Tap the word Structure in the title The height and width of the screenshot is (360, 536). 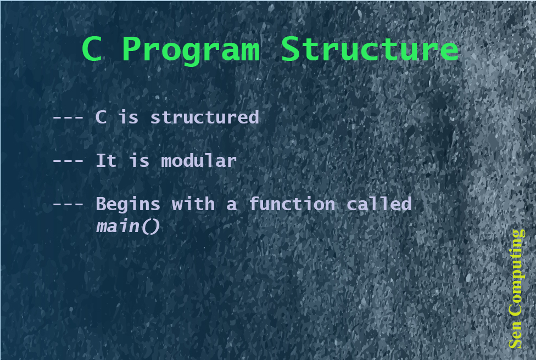tap(370, 49)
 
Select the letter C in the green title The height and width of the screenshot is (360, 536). tap(92, 49)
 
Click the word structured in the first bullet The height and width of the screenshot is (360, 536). tap(204, 117)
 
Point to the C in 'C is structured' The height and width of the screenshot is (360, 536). tap(101, 117)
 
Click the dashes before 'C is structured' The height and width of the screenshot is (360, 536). tap(68, 117)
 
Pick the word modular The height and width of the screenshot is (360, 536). tap(199, 161)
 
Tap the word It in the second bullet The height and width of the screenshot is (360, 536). tap(107, 161)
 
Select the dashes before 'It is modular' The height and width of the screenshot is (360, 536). tap(68, 161)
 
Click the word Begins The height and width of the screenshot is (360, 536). tap(128, 205)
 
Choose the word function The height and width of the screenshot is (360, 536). tap(292, 204)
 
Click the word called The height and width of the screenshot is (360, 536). tap(379, 204)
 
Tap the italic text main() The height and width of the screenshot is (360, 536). tap(128, 226)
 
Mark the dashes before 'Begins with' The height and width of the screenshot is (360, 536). tap(68, 205)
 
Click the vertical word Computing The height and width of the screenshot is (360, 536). tap(516, 273)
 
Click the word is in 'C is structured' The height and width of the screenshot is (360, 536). tap(128, 117)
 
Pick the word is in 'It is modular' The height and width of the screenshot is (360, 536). tap(139, 161)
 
